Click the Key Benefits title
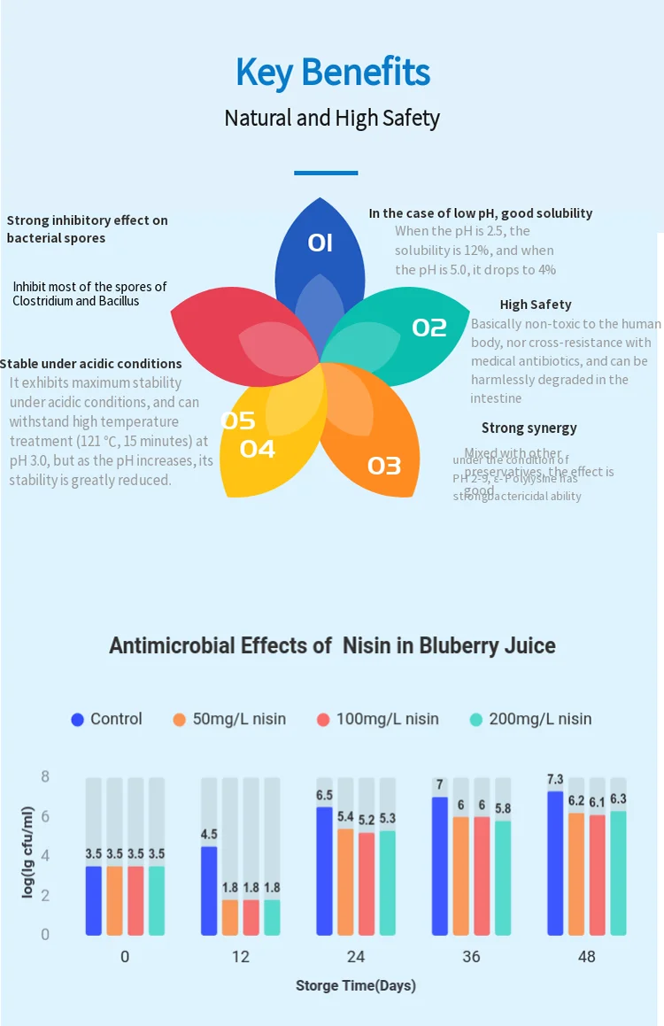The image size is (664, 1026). pos(332,73)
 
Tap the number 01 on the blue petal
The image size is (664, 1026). pos(320,243)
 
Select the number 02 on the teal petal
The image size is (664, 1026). pos(429,328)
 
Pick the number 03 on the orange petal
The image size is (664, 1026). pos(384,465)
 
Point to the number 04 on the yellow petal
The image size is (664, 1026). pos(258,449)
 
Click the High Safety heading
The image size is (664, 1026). pos(535,305)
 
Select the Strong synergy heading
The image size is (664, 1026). pos(529,428)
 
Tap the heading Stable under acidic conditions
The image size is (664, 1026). pos(91,364)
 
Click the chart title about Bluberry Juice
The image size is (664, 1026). pos(332,645)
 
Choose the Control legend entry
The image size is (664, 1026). pos(106,719)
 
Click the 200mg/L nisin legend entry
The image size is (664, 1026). pos(530,719)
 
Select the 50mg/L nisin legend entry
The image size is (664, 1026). pos(229,719)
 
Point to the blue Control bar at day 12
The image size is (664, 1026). pos(209,890)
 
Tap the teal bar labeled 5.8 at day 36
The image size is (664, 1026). pos(503,876)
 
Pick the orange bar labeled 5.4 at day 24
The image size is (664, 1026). pos(345,881)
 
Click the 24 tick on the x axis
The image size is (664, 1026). pos(356,956)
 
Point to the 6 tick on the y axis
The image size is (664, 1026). pos(45,816)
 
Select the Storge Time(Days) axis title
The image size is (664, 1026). pos(356,985)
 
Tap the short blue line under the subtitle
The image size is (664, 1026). pos(326,173)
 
